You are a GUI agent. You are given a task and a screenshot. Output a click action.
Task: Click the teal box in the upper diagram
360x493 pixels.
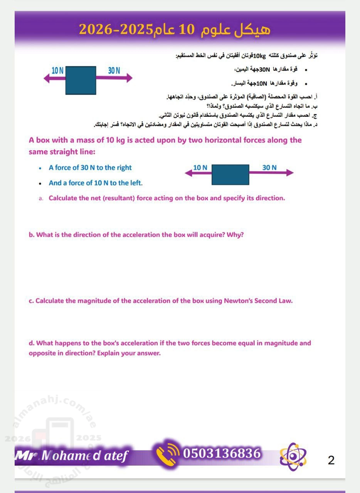pos(81,80)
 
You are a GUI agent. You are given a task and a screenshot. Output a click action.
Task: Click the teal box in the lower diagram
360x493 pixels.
pos(230,175)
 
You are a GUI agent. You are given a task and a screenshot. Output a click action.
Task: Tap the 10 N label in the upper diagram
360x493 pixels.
pos(57,70)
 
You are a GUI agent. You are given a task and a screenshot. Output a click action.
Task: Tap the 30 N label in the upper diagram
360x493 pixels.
pos(114,70)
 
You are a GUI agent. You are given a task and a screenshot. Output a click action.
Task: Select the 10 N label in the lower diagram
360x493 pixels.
pos(200,168)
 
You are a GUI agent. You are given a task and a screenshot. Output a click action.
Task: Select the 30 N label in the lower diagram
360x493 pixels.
pos(269,168)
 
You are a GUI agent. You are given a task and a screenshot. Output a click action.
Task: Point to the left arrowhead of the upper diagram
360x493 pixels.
pos(47,78)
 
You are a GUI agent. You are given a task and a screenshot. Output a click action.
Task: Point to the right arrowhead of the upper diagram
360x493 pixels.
pos(129,78)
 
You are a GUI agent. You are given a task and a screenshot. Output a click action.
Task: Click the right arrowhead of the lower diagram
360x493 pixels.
pos(290,173)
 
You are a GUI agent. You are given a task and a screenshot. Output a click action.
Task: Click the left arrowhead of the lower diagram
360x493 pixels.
pos(188,173)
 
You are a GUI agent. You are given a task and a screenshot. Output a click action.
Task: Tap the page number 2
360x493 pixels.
pos(331,460)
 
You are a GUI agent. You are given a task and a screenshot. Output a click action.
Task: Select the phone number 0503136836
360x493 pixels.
pos(222,454)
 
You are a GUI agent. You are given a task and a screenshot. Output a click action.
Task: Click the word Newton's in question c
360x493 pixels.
pos(237,301)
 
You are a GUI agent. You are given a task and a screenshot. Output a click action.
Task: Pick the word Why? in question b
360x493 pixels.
pos(236,235)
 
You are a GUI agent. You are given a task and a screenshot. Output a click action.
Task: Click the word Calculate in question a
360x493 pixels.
pos(63,198)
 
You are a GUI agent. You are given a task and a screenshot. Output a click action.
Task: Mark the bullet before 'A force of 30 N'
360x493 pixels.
pos(40,168)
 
